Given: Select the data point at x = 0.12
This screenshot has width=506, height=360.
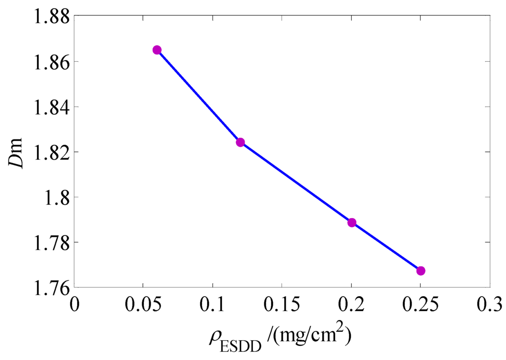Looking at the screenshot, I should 240,142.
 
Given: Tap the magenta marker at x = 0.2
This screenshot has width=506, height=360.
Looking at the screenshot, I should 352,223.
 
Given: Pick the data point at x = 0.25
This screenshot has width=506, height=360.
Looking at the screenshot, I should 421,270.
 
